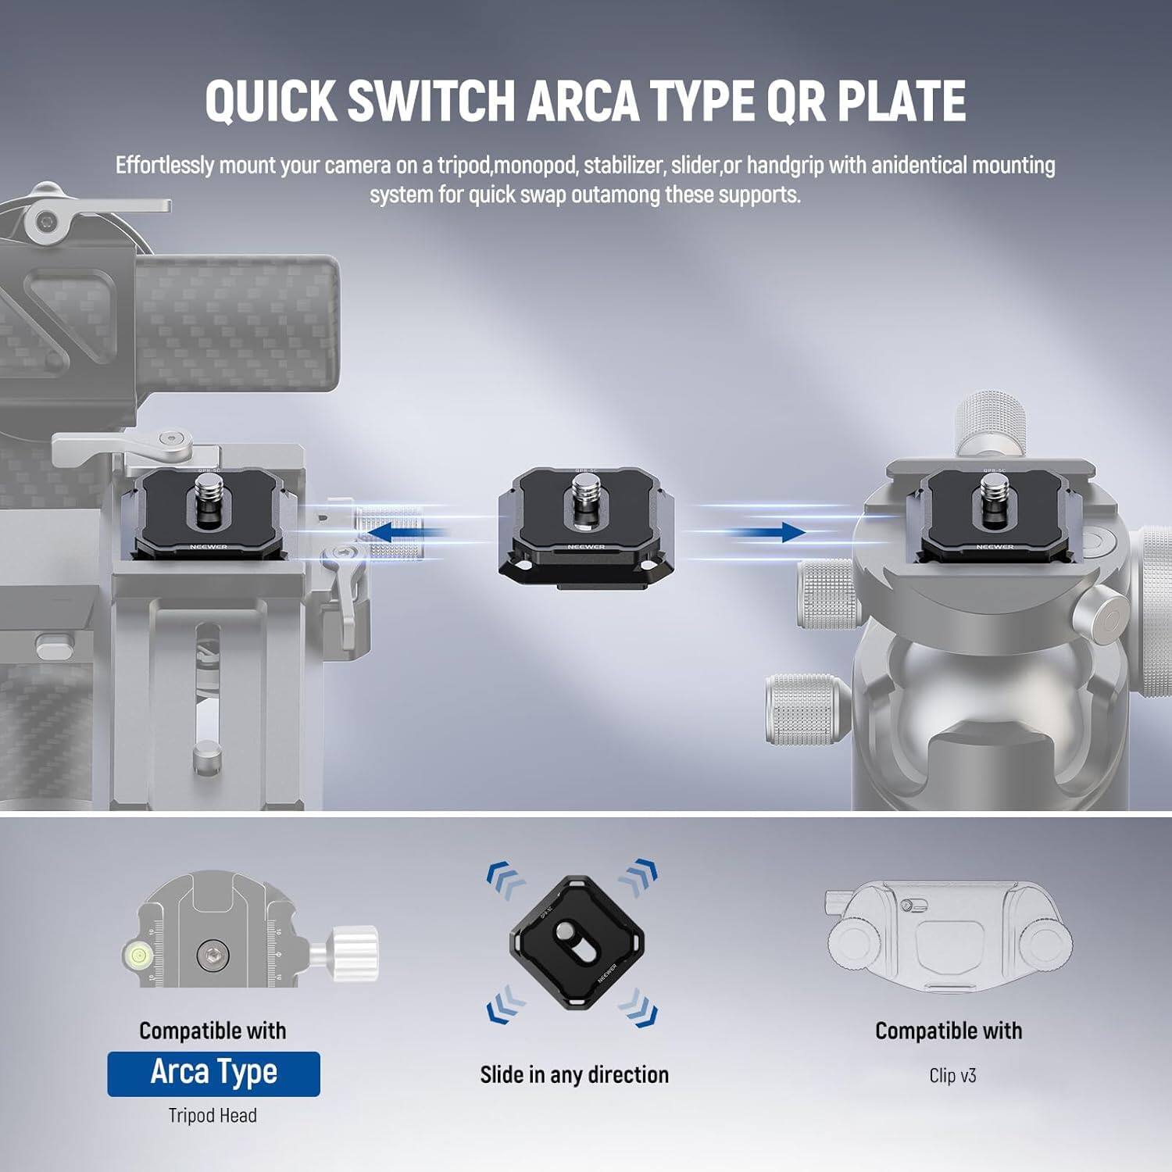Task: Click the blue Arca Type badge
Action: click(213, 1074)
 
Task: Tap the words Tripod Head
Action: click(213, 1116)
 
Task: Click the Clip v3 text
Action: click(952, 1076)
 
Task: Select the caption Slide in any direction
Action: click(574, 1075)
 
